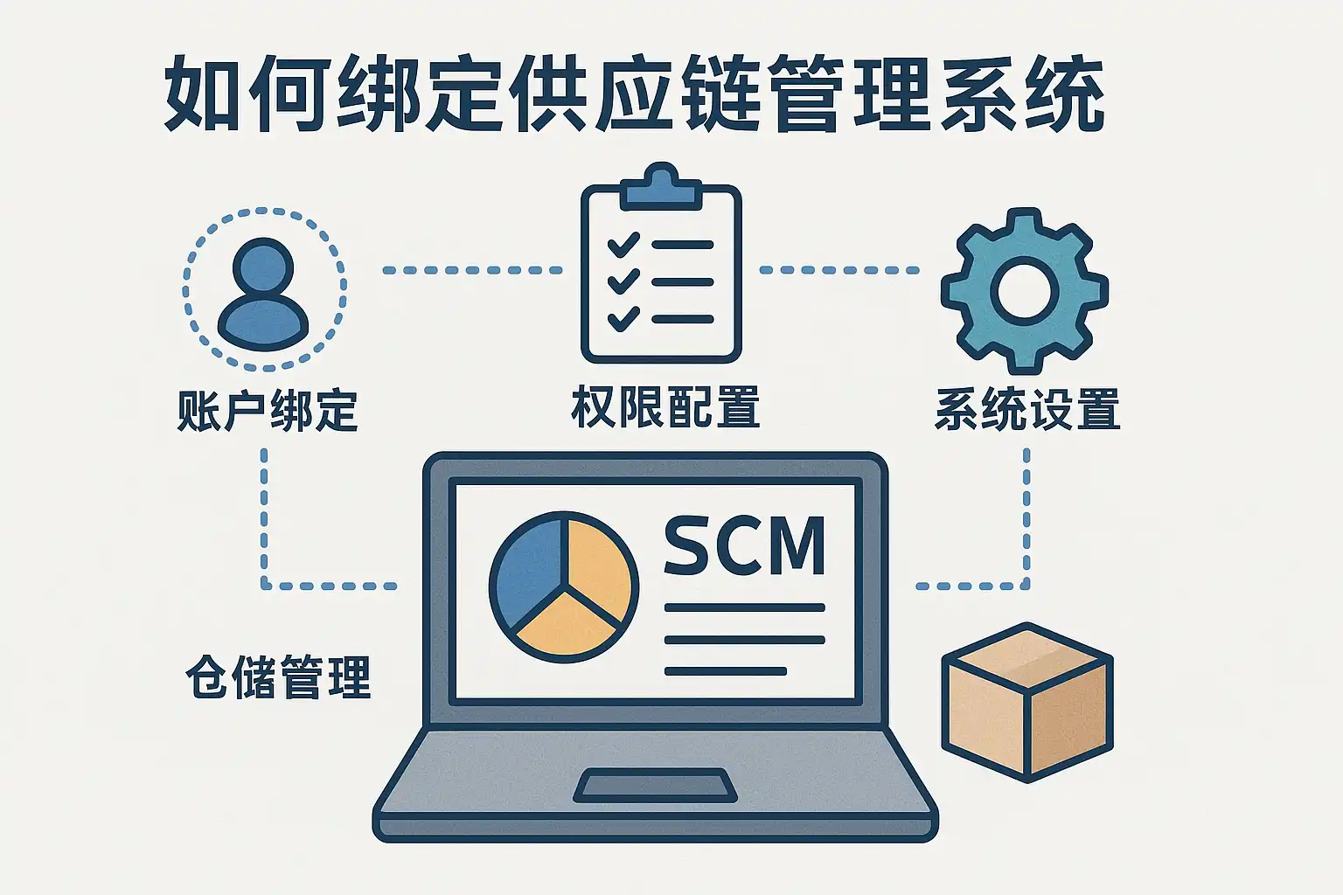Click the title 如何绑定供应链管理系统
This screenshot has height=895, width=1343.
(x=633, y=94)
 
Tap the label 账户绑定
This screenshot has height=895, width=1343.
(x=268, y=409)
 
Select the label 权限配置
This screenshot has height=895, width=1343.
(x=665, y=407)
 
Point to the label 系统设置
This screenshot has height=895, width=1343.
(x=1026, y=409)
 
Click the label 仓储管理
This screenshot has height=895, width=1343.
(x=278, y=677)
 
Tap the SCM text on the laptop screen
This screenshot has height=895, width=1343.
(x=744, y=545)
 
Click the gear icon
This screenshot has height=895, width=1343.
(x=1024, y=291)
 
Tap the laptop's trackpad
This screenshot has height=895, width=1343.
(x=655, y=786)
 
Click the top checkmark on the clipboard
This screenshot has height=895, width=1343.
(x=623, y=244)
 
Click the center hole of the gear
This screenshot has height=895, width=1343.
(x=1024, y=291)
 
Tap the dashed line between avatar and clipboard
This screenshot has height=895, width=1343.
(x=472, y=270)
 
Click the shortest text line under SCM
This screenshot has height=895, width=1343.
(x=725, y=671)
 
